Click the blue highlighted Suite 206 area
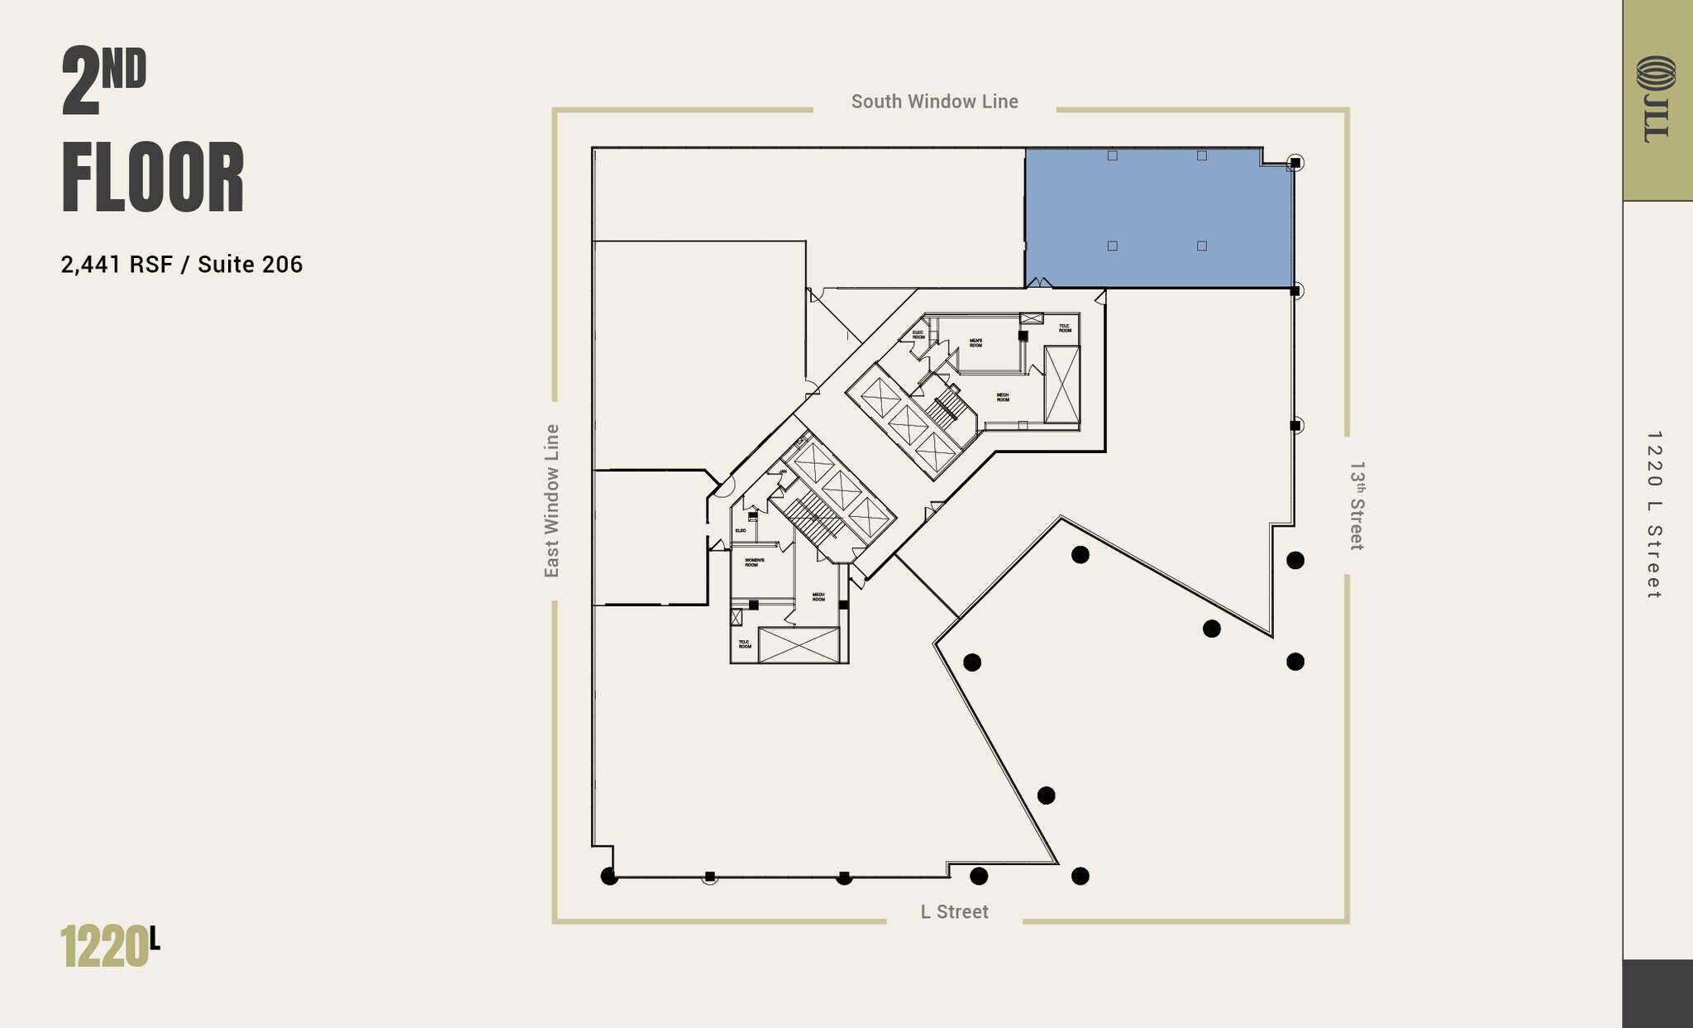pos(1159,218)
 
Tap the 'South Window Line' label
pos(934,102)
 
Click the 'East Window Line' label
pos(552,500)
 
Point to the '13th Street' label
pos(1357,505)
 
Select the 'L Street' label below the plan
pos(954,911)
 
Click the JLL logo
pos(1657,98)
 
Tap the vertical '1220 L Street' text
pos(1653,514)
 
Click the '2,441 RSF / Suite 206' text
pos(182,265)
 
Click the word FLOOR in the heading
pos(153,179)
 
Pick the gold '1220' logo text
pos(104,947)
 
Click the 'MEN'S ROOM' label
pos(975,343)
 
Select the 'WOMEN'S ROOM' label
pos(754,562)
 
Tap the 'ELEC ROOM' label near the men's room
pos(918,334)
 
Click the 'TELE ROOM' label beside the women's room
pos(744,643)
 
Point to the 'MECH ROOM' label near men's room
pos(1002,397)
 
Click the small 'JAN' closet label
pos(782,471)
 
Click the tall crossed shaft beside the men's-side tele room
pos(1061,385)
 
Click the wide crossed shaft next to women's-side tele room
pos(799,645)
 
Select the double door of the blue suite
pos(1039,283)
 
